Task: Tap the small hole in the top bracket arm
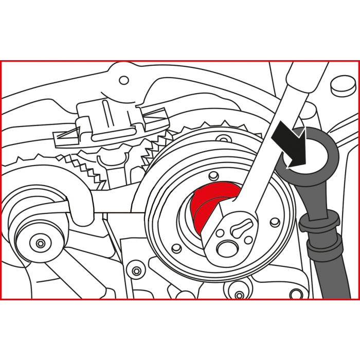pos(123,81)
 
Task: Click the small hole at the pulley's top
pos(222,139)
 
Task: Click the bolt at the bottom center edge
pos(240,295)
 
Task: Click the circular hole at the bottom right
pos(295,294)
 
